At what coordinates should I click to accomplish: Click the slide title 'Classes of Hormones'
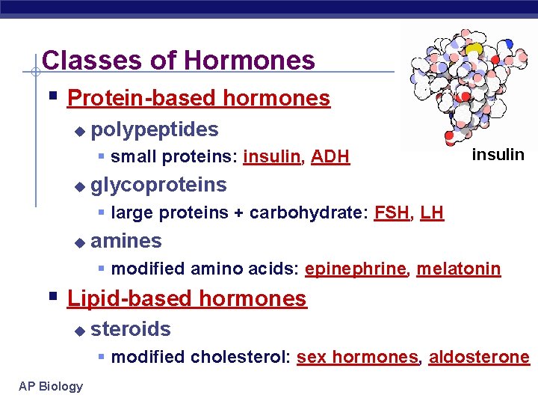click(179, 60)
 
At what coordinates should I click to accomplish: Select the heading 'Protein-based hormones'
click(198, 98)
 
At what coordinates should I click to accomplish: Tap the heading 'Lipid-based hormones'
click(187, 299)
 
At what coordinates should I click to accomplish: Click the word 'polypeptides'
click(155, 129)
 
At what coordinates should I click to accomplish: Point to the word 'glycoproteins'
click(158, 184)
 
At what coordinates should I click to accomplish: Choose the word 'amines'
click(126, 240)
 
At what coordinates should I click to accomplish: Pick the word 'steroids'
click(131, 328)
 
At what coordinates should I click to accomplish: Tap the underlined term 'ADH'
click(330, 156)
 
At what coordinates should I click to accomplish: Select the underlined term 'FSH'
click(392, 212)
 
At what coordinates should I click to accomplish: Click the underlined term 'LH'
click(432, 212)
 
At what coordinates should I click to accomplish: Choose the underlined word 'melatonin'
click(458, 269)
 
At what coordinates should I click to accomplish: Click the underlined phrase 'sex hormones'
click(357, 357)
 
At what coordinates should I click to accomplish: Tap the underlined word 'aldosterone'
click(479, 357)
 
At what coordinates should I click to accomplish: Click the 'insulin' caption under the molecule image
click(498, 154)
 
